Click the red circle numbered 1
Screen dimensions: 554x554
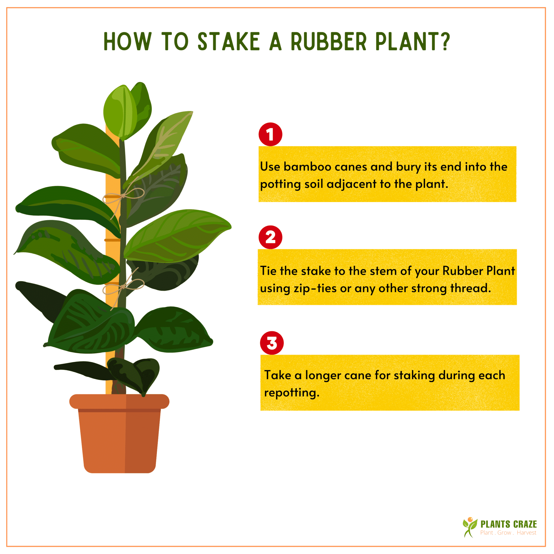tap(271, 134)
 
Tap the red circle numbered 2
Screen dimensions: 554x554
tap(271, 238)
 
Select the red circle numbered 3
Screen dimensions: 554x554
tap(272, 343)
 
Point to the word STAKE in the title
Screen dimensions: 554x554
tap(229, 42)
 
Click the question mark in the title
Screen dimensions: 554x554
tap(446, 42)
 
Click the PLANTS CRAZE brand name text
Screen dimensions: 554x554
tap(508, 525)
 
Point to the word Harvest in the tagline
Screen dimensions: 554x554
tap(526, 533)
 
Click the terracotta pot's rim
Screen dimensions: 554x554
tap(119, 401)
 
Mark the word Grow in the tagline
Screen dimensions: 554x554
tap(504, 533)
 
